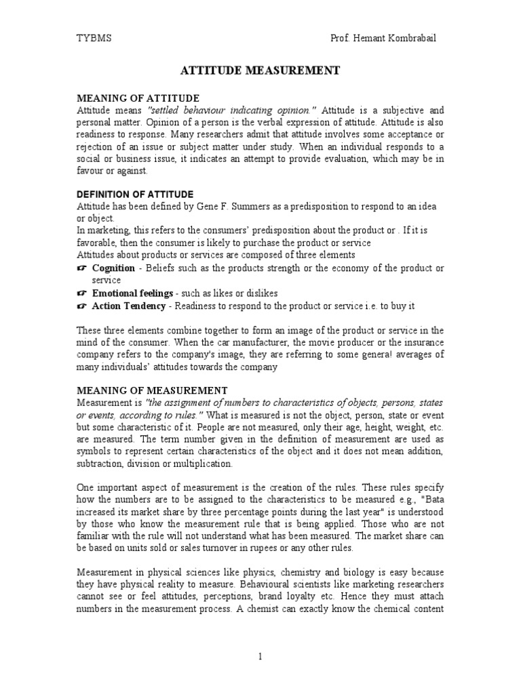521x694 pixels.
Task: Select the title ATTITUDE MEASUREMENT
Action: click(x=258, y=70)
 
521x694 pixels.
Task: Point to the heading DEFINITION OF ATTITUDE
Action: click(x=135, y=195)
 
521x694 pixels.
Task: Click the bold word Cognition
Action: click(x=113, y=268)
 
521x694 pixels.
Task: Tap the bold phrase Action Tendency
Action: click(x=128, y=306)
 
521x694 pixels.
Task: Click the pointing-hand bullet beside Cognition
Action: click(x=82, y=268)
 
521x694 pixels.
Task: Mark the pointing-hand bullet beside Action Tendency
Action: click(x=82, y=306)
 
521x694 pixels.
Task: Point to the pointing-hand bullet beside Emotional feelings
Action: click(x=82, y=293)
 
